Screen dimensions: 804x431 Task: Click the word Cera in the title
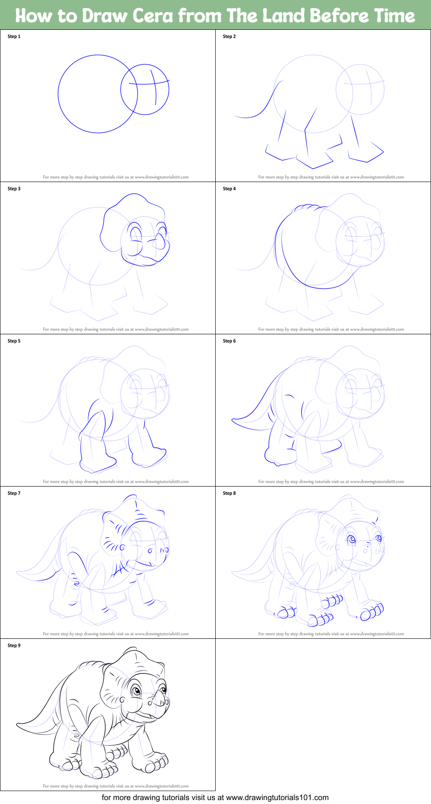point(153,16)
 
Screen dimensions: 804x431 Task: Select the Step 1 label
point(14,37)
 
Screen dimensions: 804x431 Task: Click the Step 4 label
point(229,189)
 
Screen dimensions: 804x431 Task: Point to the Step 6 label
point(229,341)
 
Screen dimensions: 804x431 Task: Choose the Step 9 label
point(14,646)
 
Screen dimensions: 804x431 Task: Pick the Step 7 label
point(14,493)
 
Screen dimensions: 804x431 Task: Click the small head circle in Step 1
point(145,90)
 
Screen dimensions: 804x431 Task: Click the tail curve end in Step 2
point(236,116)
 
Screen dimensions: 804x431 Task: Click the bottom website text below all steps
point(215,798)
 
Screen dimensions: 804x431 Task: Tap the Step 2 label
point(229,37)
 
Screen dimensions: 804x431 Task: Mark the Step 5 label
point(14,341)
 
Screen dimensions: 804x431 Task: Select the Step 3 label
point(14,189)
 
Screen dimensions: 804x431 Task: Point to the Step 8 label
point(229,493)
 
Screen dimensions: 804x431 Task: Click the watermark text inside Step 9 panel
point(116,786)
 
